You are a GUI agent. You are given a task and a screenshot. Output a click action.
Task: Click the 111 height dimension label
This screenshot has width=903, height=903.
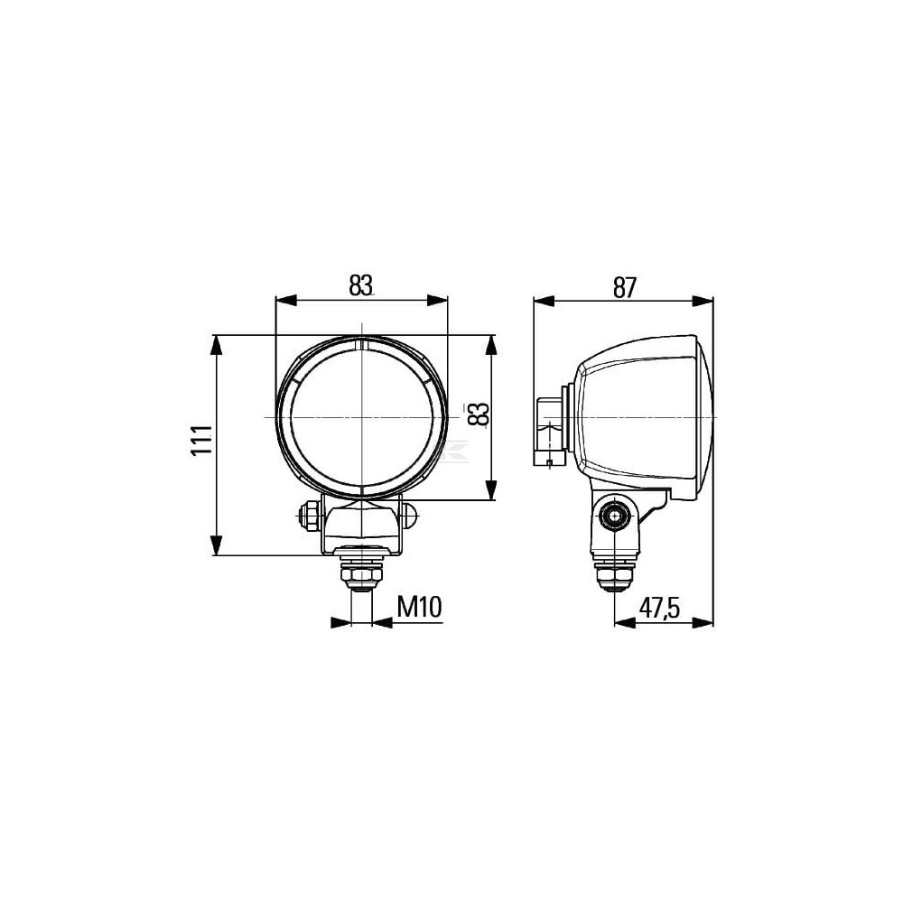point(201,441)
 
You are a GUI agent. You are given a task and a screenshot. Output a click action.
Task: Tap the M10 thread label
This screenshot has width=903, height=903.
point(420,607)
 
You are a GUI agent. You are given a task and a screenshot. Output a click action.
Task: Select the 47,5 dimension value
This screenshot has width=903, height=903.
point(659,608)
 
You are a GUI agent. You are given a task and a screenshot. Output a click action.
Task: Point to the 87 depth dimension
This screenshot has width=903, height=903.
point(624,288)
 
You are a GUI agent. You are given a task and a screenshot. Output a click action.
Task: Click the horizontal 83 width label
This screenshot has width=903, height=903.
point(360,285)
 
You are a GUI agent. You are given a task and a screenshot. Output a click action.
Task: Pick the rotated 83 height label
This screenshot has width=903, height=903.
point(479,414)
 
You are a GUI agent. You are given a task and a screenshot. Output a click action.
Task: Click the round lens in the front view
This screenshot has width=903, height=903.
point(362,417)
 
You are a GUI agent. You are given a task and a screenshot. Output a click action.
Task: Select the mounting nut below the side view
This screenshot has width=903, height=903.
point(615,573)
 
